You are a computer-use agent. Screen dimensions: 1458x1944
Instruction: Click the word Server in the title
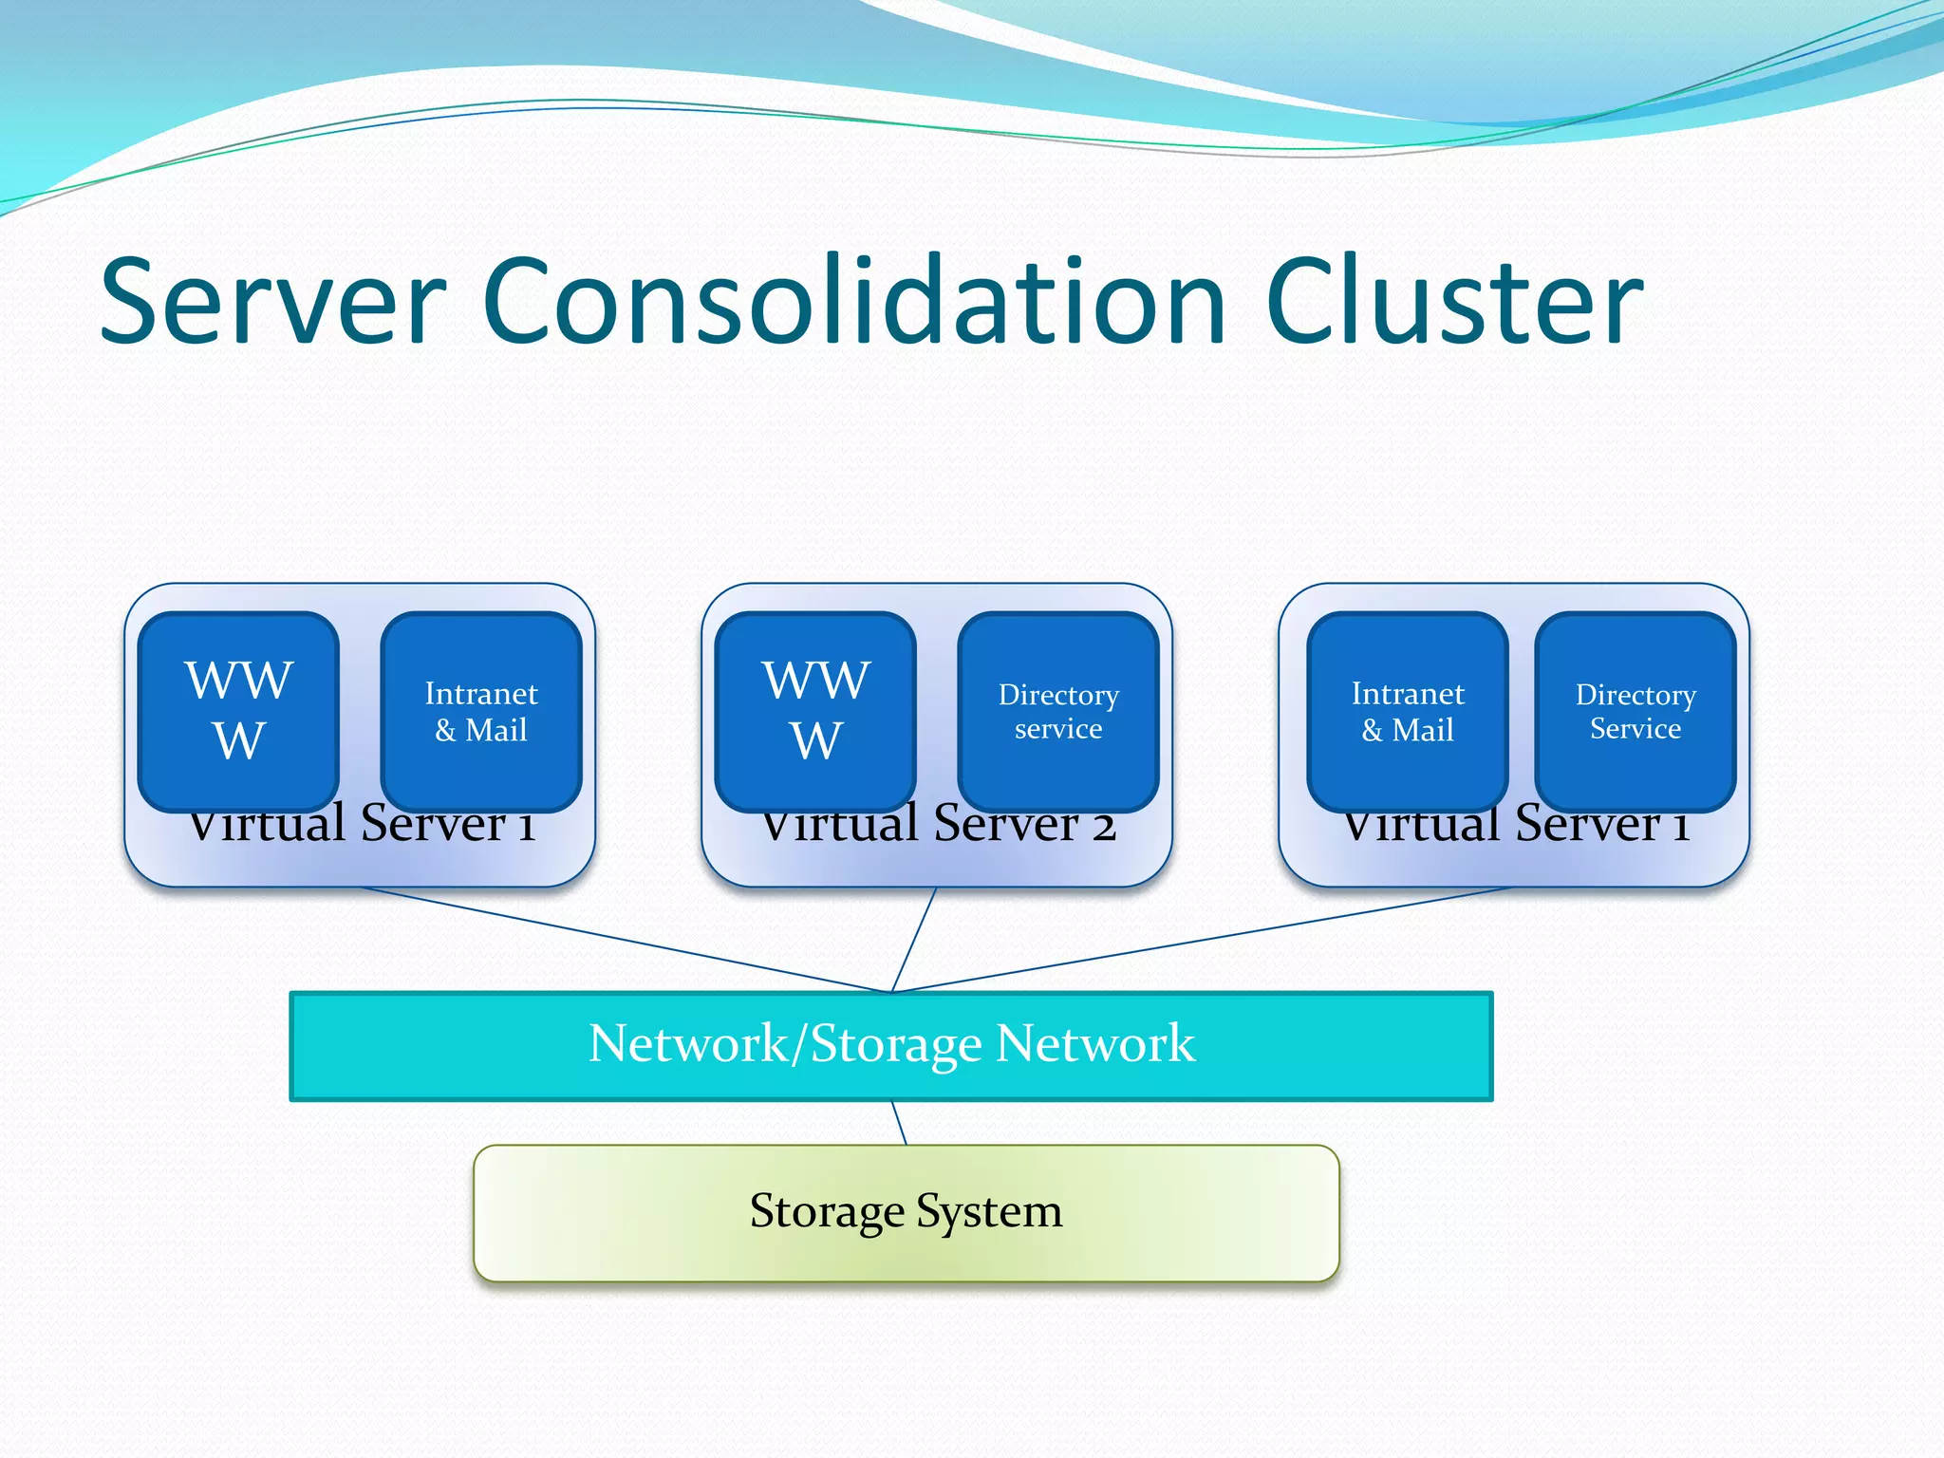(x=272, y=302)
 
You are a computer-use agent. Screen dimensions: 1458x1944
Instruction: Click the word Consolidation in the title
(x=854, y=302)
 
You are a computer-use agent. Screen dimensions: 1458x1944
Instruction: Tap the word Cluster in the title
(x=1453, y=302)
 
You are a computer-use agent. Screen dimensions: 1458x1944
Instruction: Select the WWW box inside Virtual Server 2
(x=815, y=710)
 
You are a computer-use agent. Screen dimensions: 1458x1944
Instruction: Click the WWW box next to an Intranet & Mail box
(x=238, y=710)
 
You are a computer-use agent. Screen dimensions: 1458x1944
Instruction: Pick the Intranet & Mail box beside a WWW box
(x=481, y=711)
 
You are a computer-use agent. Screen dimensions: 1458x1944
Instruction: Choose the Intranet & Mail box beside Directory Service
(x=1408, y=711)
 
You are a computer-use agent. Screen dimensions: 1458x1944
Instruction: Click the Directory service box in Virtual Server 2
(x=1058, y=711)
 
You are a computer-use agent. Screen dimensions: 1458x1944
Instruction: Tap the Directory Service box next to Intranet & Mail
(x=1636, y=711)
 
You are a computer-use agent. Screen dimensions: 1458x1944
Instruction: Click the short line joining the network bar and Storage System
(x=899, y=1123)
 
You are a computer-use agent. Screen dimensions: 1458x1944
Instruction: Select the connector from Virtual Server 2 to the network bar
(x=914, y=939)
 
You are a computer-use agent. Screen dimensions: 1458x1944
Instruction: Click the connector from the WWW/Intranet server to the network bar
(x=626, y=939)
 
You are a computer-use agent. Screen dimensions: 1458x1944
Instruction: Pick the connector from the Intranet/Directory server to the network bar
(x=1201, y=939)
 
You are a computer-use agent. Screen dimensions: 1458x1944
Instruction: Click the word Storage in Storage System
(x=827, y=1212)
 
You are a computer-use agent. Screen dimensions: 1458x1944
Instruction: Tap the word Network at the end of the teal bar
(x=1095, y=1043)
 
